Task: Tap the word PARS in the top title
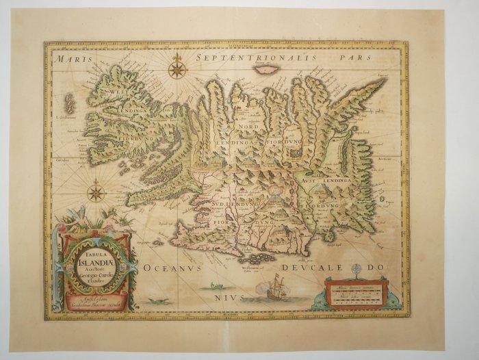pyautogui.click(x=365, y=59)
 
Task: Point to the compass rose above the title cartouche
pyautogui.click(x=96, y=192)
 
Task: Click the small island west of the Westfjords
pyautogui.click(x=69, y=104)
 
